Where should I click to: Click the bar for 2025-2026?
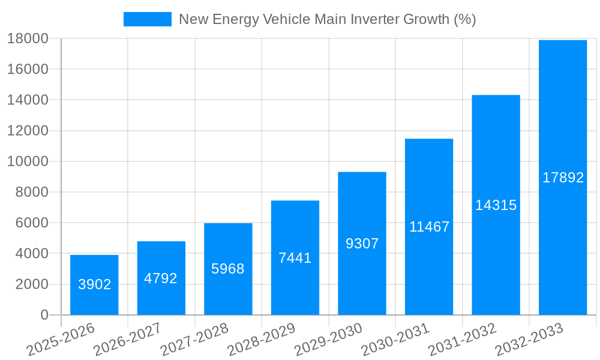coord(94,285)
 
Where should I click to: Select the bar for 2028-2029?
coord(295,258)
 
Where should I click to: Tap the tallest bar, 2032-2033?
coord(563,178)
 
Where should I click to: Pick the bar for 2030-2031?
coord(429,227)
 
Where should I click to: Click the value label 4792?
coord(161,278)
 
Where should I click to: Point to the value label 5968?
coord(228,269)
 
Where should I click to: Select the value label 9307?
coord(362,244)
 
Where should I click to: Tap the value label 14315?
coord(496,205)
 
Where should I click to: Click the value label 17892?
coord(563,178)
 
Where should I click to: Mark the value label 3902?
coord(94,284)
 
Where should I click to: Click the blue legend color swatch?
coord(147,19)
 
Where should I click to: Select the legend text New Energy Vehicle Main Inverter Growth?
coord(327,19)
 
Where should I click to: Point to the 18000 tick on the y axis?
coord(28,38)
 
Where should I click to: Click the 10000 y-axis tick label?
coord(28,161)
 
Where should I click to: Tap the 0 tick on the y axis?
coord(44,315)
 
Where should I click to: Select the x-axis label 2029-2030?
coord(328,340)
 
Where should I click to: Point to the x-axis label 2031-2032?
coord(462,340)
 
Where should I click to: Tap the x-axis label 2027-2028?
coord(194,340)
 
